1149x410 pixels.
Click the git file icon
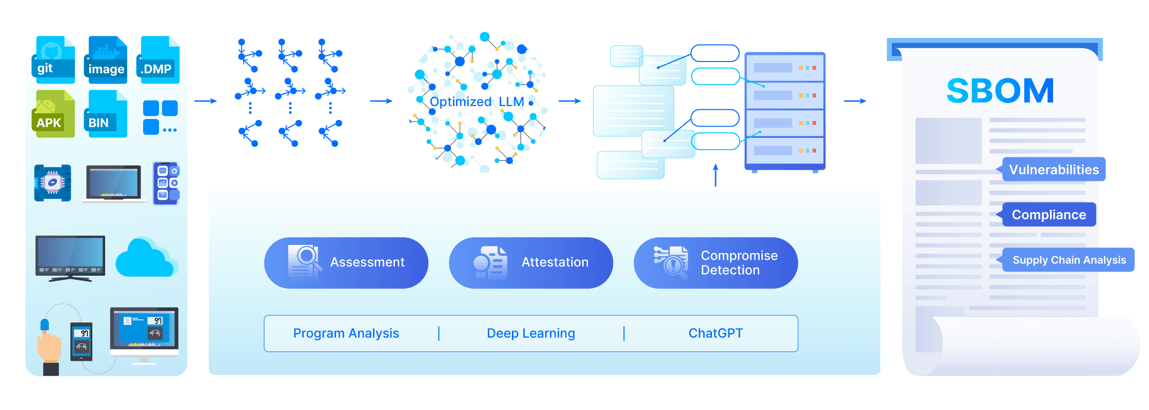tap(54, 59)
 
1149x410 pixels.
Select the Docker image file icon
tap(106, 59)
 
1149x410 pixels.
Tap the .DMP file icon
tap(158, 59)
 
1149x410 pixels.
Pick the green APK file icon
tap(54, 114)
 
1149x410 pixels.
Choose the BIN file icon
tap(106, 114)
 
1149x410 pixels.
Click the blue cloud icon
tap(147, 257)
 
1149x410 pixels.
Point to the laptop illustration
tap(114, 183)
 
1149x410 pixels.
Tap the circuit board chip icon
tap(52, 183)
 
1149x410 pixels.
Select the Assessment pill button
tap(346, 262)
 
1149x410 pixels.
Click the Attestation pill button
tap(531, 262)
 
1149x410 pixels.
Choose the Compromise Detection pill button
tap(716, 262)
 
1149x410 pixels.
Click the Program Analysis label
tap(346, 334)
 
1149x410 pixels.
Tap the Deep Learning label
tap(531, 334)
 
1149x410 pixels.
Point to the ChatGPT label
tap(716, 333)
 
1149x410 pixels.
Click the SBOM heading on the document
tap(1000, 91)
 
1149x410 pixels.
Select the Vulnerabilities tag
tap(1054, 170)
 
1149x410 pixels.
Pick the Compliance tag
tap(1048, 215)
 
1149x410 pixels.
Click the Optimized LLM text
tap(477, 102)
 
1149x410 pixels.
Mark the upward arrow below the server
tap(716, 175)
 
